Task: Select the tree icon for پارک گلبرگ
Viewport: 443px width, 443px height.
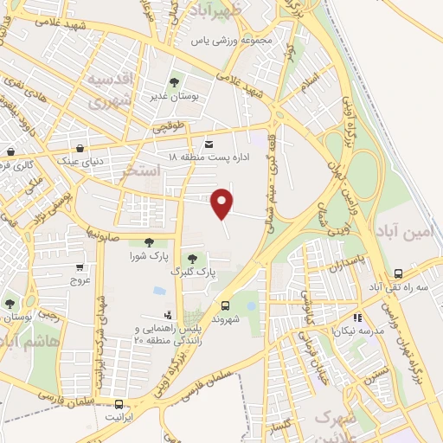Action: click(192, 258)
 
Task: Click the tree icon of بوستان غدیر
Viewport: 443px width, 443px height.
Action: click(175, 84)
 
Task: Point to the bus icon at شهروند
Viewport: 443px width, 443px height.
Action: click(225, 305)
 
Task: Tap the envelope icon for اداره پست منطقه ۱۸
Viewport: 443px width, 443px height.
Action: click(208, 144)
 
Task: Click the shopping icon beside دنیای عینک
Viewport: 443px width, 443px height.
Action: click(80, 148)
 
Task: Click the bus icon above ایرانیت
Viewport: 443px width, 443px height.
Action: click(118, 403)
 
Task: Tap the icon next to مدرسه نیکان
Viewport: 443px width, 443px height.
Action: click(358, 318)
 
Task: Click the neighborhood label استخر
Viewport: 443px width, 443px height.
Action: click(143, 170)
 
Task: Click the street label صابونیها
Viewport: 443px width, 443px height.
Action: click(101, 229)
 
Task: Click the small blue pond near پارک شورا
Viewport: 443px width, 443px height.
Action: click(159, 291)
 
